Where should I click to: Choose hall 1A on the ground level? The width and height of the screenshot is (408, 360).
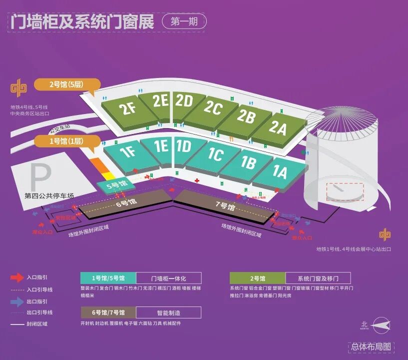[x=280, y=172]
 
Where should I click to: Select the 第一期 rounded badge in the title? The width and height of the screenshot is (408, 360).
[x=184, y=21]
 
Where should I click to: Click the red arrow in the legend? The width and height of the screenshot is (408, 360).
[x=17, y=277]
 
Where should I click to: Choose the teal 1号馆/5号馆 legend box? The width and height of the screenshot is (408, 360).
[x=108, y=278]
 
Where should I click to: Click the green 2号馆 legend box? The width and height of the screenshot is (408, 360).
[x=257, y=278]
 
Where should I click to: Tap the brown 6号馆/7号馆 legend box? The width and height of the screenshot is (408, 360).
[x=108, y=313]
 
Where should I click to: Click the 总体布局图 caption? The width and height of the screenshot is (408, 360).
[x=372, y=346]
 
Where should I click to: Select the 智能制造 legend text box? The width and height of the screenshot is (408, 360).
[x=169, y=313]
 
